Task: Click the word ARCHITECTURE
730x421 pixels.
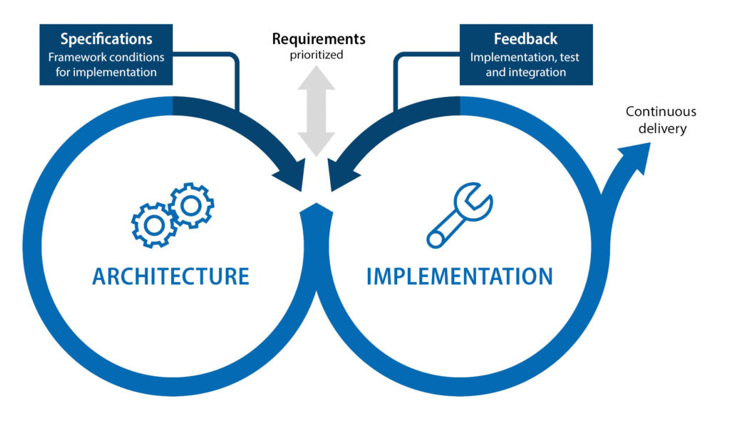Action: [170, 276]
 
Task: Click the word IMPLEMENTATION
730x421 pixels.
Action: [459, 276]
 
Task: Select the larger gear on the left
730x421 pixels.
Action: [152, 225]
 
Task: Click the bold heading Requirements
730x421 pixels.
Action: [319, 38]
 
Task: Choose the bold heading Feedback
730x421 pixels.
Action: [525, 39]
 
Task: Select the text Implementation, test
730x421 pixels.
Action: [525, 57]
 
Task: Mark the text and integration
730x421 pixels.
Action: [525, 72]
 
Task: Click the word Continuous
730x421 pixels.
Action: [661, 112]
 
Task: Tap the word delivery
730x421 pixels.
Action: [661, 128]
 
